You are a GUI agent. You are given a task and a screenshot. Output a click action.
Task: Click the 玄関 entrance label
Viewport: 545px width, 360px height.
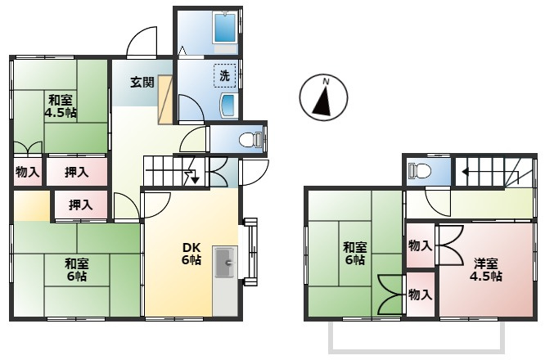[142, 83]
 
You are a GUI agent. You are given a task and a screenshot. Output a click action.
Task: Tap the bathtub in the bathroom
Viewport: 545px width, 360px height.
[224, 27]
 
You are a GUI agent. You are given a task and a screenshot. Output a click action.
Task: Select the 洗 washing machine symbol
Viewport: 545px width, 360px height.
[224, 76]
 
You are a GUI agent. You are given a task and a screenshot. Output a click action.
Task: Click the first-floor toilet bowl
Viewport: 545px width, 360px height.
[251, 140]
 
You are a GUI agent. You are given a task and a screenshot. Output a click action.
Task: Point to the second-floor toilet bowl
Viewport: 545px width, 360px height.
[420, 171]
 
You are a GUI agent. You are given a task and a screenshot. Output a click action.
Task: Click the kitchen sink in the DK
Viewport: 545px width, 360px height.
[225, 263]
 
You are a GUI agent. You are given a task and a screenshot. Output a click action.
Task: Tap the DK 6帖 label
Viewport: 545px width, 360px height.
[191, 254]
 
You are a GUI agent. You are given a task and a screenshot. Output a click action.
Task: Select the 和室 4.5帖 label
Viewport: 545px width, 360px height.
[61, 106]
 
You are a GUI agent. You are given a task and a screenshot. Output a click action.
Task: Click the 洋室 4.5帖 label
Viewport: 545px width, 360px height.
[486, 270]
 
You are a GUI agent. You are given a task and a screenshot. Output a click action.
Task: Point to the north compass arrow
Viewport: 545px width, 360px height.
[323, 101]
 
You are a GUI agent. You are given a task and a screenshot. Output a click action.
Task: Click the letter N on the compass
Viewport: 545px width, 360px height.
[326, 82]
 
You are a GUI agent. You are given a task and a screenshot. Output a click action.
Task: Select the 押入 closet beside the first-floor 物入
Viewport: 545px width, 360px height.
[77, 172]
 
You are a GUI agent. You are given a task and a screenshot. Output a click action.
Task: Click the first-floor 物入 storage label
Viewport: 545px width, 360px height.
[28, 172]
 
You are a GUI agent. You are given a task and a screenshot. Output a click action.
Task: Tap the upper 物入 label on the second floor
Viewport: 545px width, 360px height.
[420, 246]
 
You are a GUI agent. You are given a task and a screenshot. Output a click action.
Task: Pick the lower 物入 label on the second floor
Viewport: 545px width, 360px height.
[420, 295]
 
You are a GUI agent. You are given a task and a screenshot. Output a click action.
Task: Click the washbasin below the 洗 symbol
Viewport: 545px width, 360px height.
[228, 106]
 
